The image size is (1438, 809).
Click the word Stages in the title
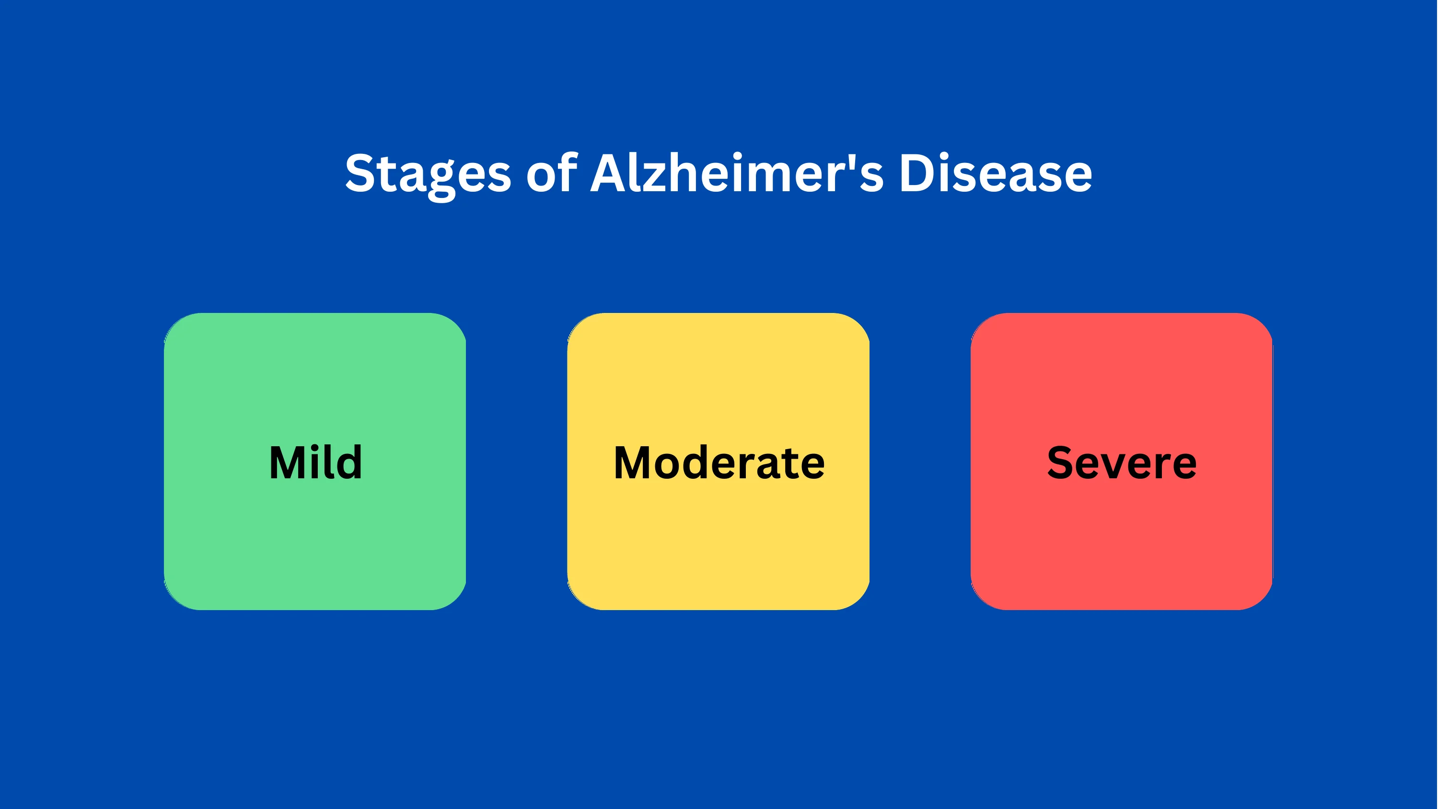[x=428, y=175]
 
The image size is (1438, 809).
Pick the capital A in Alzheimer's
[x=612, y=173]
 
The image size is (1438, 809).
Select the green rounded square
[x=315, y=461]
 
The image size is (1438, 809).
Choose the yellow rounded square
[x=719, y=461]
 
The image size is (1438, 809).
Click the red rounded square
[x=1122, y=461]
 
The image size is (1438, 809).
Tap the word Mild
[x=315, y=462]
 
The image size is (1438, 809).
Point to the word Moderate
[x=719, y=463]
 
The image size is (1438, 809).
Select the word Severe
[x=1122, y=463]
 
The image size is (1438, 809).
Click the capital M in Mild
[x=290, y=463]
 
